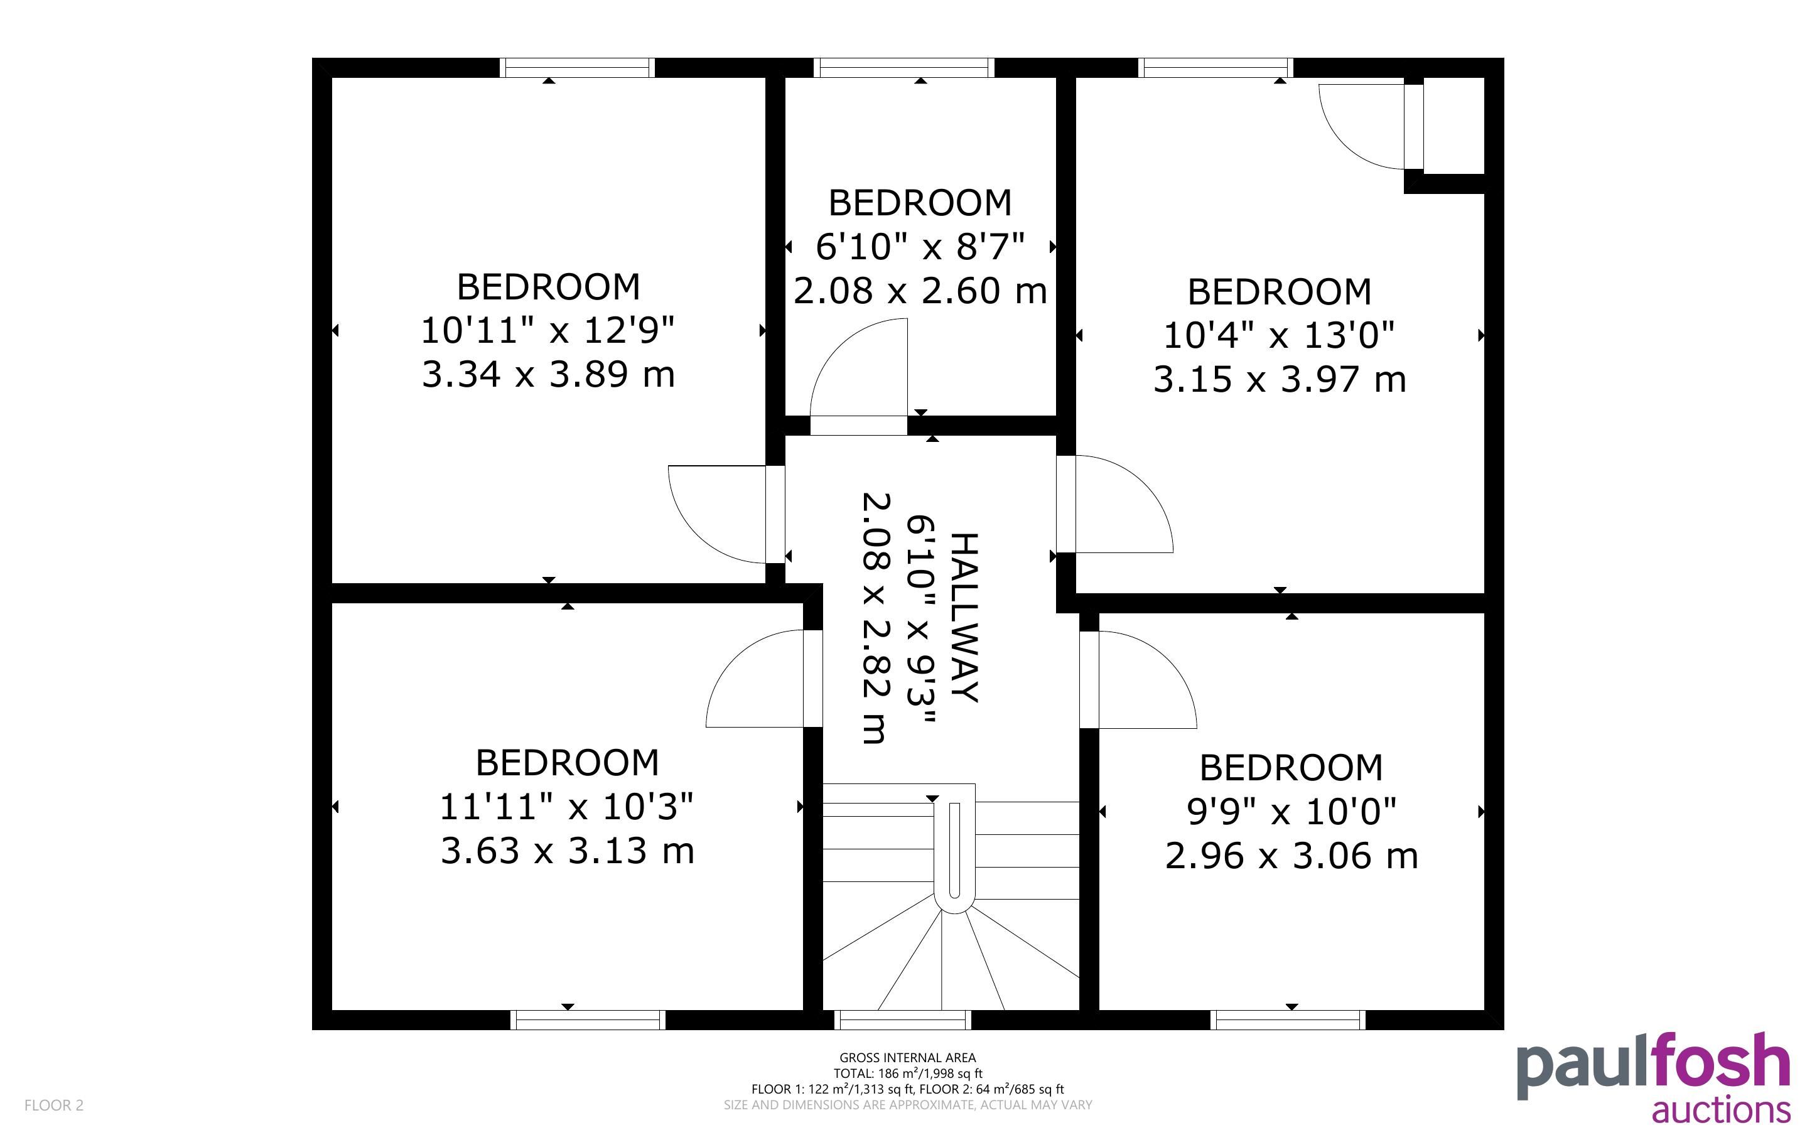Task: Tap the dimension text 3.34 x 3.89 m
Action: pos(549,374)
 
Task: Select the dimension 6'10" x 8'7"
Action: pos(920,246)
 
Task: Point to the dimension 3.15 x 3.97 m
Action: pos(1280,379)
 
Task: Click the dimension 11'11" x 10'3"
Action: pos(567,807)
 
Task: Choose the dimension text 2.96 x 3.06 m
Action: pos(1291,856)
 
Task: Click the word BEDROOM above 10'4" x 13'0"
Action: pos(1280,292)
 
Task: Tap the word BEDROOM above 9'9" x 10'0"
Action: pos(1291,768)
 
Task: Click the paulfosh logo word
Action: pos(1653,1067)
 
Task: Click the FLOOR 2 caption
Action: pos(54,1105)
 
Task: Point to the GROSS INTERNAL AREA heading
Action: pos(907,1058)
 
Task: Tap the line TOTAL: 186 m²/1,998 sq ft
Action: pos(907,1073)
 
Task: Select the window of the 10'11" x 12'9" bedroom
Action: pos(577,68)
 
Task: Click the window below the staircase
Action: pos(903,1020)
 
